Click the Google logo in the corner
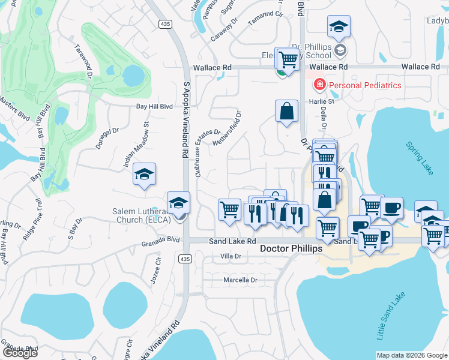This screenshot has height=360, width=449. pyautogui.click(x=20, y=352)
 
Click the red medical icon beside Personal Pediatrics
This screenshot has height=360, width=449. pyautogui.click(x=319, y=85)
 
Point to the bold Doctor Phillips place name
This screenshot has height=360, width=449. pyautogui.click(x=291, y=248)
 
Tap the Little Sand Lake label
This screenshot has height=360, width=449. pyautogui.click(x=391, y=316)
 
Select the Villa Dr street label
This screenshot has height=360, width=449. pyautogui.click(x=231, y=256)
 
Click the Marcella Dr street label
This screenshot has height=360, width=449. pyautogui.click(x=240, y=280)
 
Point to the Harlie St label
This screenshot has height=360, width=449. pyautogui.click(x=322, y=101)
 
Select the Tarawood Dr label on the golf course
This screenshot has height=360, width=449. pyautogui.click(x=83, y=61)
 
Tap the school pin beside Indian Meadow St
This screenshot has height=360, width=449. pyautogui.click(x=144, y=175)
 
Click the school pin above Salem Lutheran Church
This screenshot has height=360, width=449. pyautogui.click(x=178, y=203)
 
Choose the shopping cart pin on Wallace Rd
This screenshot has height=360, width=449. pyautogui.click(x=289, y=59)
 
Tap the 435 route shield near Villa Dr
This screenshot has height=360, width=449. pyautogui.click(x=185, y=259)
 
